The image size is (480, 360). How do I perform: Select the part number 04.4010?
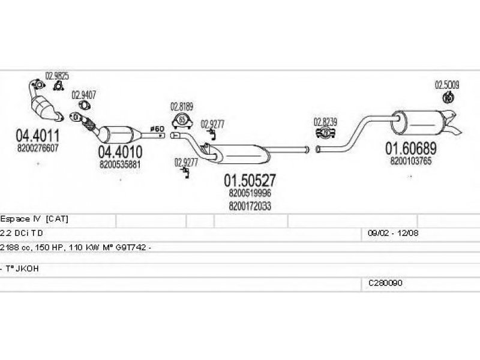(x=120, y=152)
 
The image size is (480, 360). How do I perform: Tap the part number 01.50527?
(x=250, y=180)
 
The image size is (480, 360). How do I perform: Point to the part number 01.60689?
(x=411, y=148)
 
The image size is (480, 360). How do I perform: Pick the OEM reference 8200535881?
(x=120, y=163)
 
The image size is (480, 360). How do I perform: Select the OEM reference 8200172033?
(x=250, y=205)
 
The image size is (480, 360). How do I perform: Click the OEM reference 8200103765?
(x=411, y=160)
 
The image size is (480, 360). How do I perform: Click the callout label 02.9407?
(x=84, y=95)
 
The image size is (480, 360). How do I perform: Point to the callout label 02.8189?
(x=182, y=107)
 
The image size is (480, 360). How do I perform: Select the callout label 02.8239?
(x=325, y=122)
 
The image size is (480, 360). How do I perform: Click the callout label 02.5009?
(x=446, y=85)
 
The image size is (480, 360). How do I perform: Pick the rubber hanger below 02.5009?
(x=447, y=98)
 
